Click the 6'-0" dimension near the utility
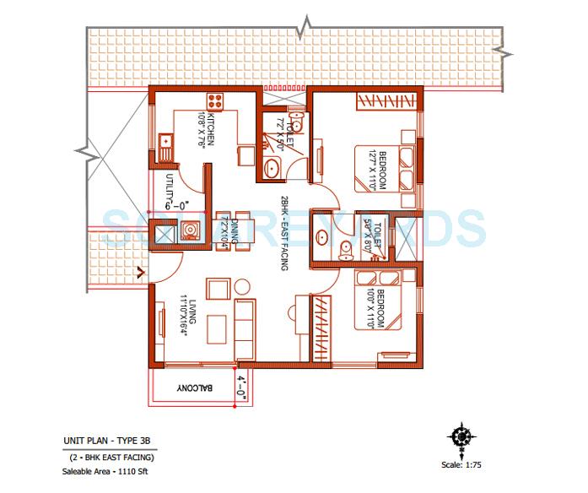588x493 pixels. click(x=179, y=203)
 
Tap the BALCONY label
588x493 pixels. click(x=194, y=388)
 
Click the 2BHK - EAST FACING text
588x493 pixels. click(x=286, y=231)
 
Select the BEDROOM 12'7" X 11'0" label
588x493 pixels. click(x=376, y=170)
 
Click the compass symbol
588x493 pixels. click(x=461, y=437)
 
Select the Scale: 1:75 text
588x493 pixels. click(x=463, y=463)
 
